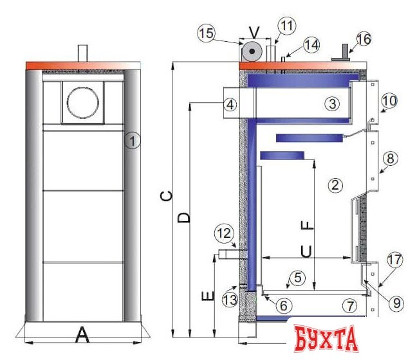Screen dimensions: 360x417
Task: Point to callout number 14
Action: [311, 45]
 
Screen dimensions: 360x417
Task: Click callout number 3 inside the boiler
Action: [331, 103]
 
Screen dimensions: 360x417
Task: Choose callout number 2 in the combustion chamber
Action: [334, 186]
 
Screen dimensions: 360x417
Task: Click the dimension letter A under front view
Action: [82, 334]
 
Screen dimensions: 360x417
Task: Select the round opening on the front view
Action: [83, 102]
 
